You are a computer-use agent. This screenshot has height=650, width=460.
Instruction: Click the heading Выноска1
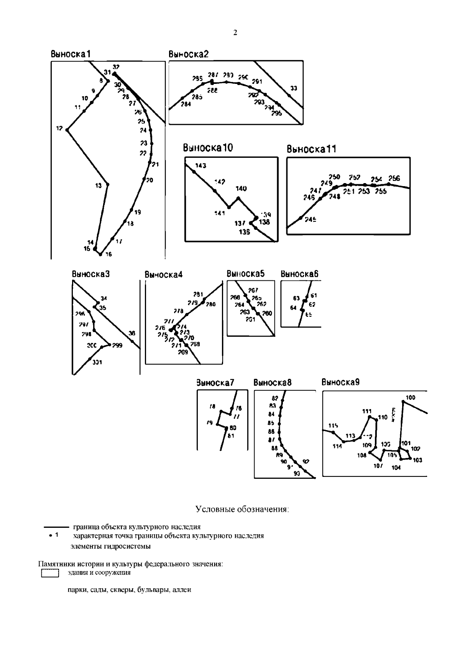pos(71,54)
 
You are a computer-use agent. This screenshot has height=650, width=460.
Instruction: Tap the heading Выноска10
pos(207,148)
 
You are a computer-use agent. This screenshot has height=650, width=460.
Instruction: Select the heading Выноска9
pos(340,382)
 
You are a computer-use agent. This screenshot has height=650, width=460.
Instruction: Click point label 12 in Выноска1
pos(59,129)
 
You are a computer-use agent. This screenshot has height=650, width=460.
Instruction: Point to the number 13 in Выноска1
pos(99,186)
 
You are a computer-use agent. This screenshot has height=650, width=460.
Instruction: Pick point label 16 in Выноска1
pos(108,254)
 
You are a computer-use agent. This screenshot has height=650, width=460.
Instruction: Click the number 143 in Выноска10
pos(200,165)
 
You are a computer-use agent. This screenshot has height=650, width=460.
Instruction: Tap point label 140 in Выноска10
pos(241,188)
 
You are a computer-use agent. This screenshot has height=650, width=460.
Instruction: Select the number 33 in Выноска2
pos(294,88)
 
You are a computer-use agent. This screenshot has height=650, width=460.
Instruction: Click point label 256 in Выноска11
pos(394,178)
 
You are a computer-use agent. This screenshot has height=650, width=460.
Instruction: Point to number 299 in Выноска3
pos(117,345)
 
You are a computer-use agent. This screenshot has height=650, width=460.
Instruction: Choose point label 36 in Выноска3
pos(131,334)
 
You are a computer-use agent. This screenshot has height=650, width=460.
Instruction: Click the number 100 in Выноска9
pos(410,398)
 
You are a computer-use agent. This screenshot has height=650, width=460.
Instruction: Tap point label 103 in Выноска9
pos(417,460)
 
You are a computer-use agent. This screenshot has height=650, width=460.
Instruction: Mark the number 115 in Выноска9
pos(333,426)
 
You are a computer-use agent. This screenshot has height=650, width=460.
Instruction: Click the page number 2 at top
pos(235,33)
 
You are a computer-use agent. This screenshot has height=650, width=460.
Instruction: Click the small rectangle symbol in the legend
pos(49,573)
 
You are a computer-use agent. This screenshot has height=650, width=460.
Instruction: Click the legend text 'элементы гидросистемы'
pos(110,546)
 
